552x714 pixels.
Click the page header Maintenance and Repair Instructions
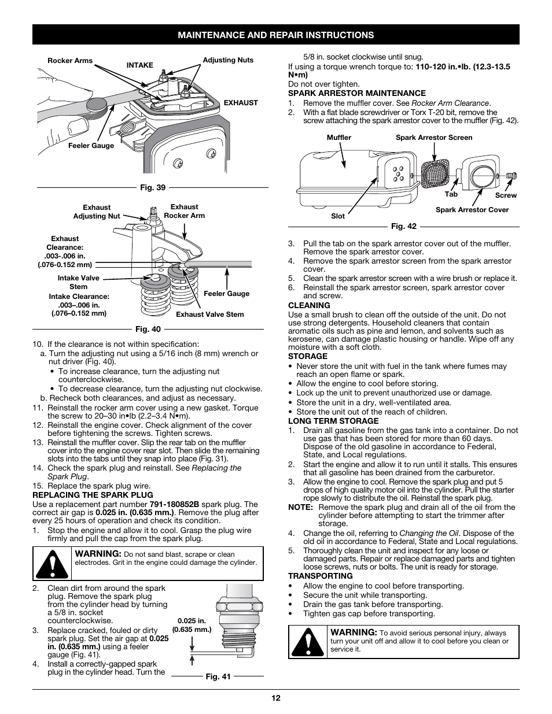click(275, 35)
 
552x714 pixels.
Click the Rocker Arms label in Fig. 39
click(70, 61)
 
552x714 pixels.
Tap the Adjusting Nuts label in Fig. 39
click(228, 60)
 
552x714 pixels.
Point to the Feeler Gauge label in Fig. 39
click(91, 146)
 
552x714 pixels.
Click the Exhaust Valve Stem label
click(209, 315)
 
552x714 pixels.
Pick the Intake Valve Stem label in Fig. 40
click(78, 282)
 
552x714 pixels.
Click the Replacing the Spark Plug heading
click(93, 495)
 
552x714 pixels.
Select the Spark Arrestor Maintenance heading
click(356, 93)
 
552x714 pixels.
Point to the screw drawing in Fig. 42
click(510, 175)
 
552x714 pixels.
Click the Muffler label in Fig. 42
click(339, 138)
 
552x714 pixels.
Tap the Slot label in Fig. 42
click(338, 216)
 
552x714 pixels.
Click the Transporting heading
click(320, 576)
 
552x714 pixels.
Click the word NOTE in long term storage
click(299, 507)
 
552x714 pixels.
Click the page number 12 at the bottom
click(276, 698)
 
